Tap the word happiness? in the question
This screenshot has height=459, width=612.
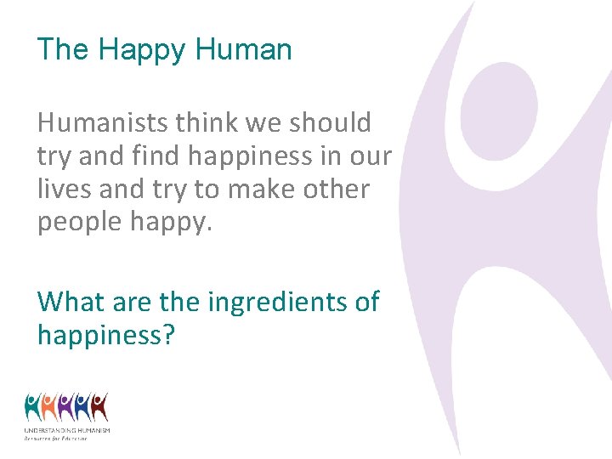pos(106,334)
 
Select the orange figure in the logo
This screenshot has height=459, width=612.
pos(50,407)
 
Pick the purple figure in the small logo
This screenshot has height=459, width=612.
pos(66,407)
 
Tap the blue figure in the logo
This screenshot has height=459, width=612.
pos(82,407)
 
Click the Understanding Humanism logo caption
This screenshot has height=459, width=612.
pos(67,433)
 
